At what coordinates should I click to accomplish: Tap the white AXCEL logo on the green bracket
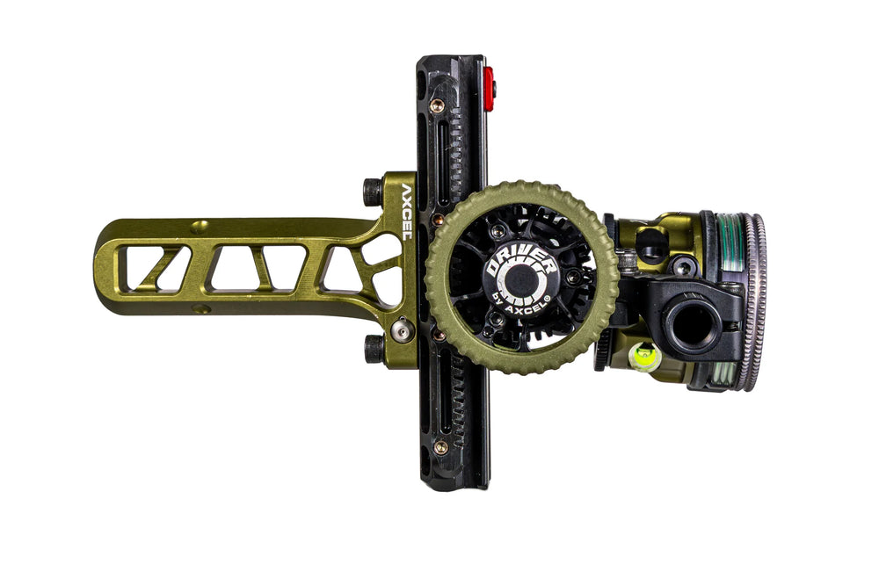[406, 211]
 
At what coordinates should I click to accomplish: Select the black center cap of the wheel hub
[519, 279]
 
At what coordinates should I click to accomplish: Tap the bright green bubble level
[644, 357]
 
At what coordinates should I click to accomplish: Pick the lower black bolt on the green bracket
[374, 349]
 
